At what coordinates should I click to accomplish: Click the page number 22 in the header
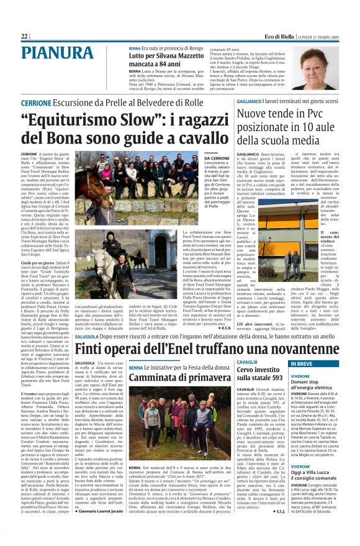point(24,37)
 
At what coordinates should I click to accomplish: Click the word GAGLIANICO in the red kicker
point(249,101)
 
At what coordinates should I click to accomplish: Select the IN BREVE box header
point(305,363)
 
